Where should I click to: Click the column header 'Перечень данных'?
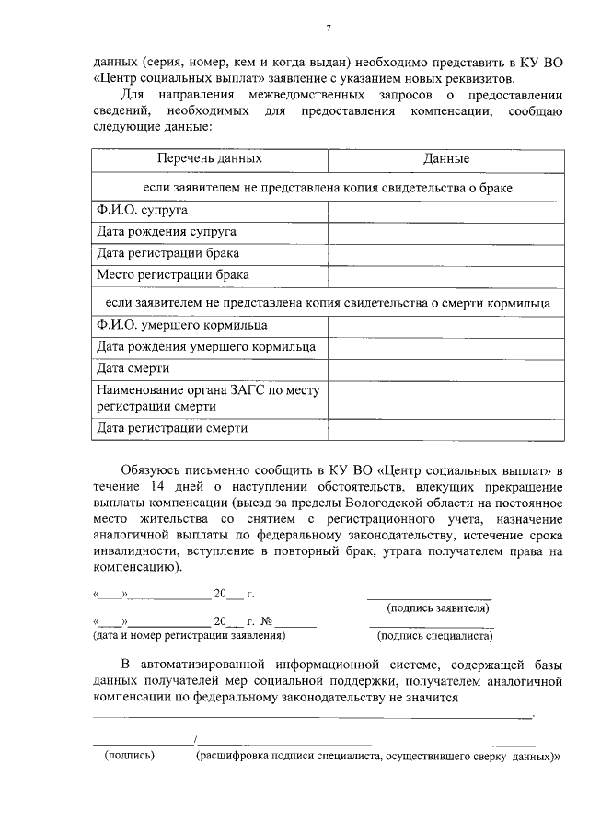pyautogui.click(x=209, y=159)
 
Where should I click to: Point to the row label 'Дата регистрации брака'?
pyautogui.click(x=168, y=252)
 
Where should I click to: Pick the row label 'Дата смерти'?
pyautogui.click(x=133, y=368)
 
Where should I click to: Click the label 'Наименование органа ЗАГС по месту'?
pyautogui.click(x=208, y=390)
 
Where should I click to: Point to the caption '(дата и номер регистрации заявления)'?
pyautogui.click(x=187, y=634)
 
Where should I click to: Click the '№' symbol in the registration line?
pyautogui.click(x=268, y=621)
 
